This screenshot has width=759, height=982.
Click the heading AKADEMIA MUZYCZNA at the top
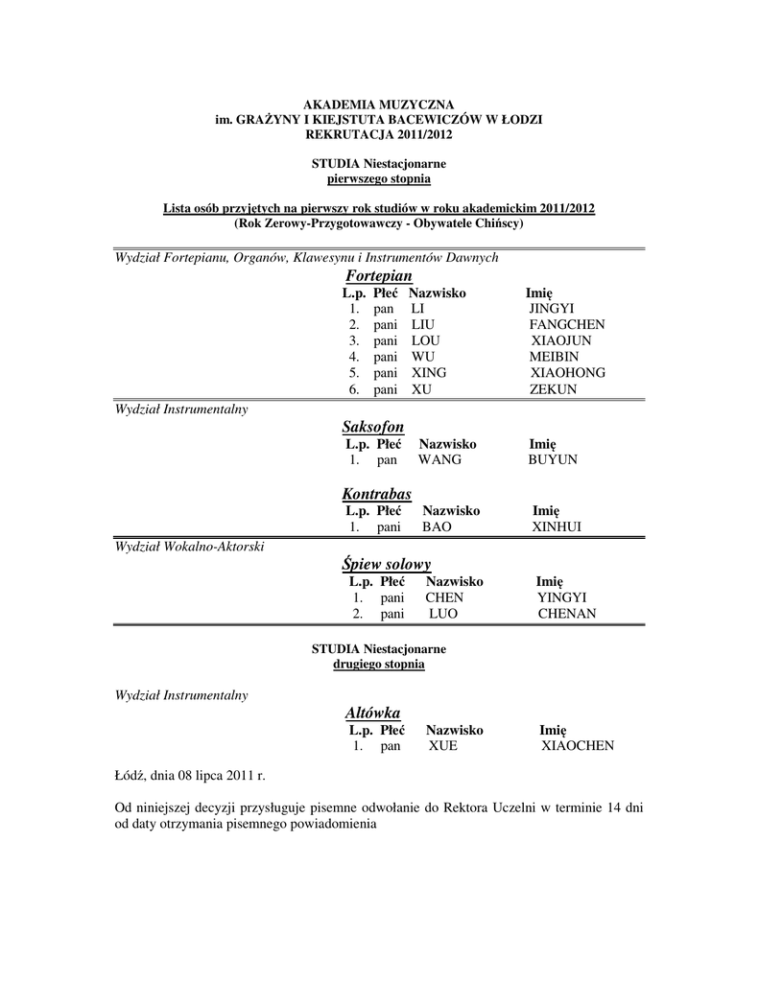coord(379,104)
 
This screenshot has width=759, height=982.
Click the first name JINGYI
coord(551,309)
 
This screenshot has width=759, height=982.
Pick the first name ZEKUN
coord(553,389)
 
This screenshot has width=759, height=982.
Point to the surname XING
coord(429,373)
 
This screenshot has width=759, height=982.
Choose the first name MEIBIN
coord(554,357)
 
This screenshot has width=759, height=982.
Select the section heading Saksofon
coord(372,426)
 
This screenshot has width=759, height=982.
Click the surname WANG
coord(439,460)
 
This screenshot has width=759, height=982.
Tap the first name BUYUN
coord(553,460)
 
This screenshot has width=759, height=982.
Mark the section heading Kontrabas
coord(376,494)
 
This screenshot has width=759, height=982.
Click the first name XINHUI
coord(557,527)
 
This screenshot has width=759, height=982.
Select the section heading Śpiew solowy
coord(387,564)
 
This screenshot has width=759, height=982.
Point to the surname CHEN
coord(444,597)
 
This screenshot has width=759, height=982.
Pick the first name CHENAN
coord(567,614)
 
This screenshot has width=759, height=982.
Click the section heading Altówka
coord(372,713)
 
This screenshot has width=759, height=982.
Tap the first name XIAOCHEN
coord(578,746)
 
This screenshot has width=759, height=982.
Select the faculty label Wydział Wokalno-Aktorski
coord(189,547)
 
